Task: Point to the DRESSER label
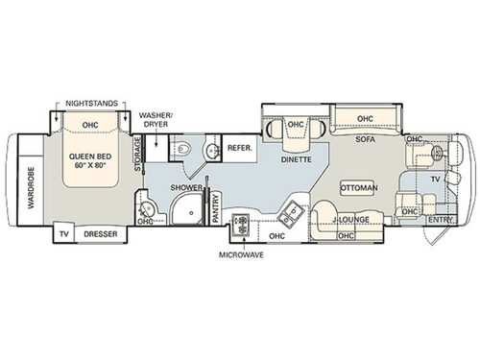tap(100, 233)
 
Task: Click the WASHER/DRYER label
tap(156, 118)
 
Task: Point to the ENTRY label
tap(440, 220)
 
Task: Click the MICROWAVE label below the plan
tap(241, 255)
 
